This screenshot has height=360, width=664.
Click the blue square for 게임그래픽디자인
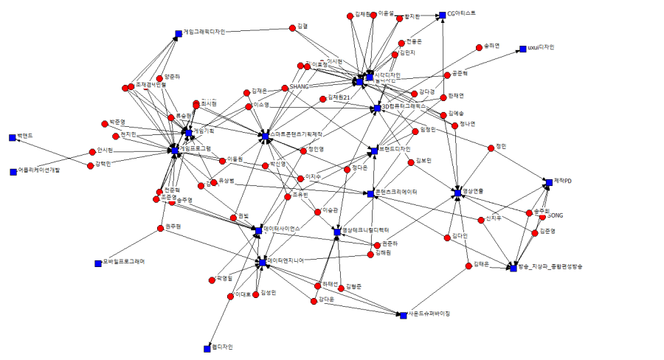(179, 33)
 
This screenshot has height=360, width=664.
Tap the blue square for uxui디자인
(522, 48)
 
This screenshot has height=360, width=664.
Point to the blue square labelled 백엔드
(13, 137)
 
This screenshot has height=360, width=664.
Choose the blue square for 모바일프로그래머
(97, 263)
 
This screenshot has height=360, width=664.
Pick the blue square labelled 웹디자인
(207, 347)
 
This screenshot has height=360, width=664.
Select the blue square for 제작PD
(548, 181)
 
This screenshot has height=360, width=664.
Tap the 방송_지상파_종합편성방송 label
(550, 266)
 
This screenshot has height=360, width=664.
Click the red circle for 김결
(292, 28)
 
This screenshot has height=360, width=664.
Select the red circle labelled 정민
(491, 148)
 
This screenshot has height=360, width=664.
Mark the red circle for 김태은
(467, 265)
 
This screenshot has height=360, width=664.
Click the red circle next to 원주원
(159, 227)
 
